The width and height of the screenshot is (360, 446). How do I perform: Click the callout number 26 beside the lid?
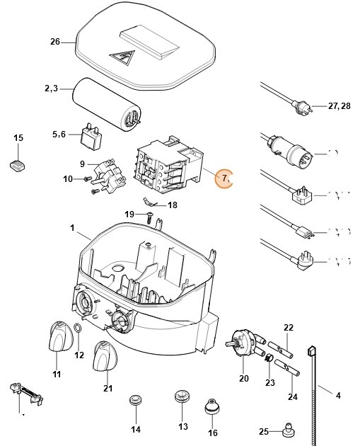(x=55, y=41)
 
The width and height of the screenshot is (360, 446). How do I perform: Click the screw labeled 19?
(x=149, y=216)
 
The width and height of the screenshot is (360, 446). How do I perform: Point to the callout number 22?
(x=288, y=327)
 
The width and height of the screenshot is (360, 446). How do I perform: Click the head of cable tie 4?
(x=310, y=350)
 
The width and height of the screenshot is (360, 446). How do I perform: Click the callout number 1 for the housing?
(x=72, y=228)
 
